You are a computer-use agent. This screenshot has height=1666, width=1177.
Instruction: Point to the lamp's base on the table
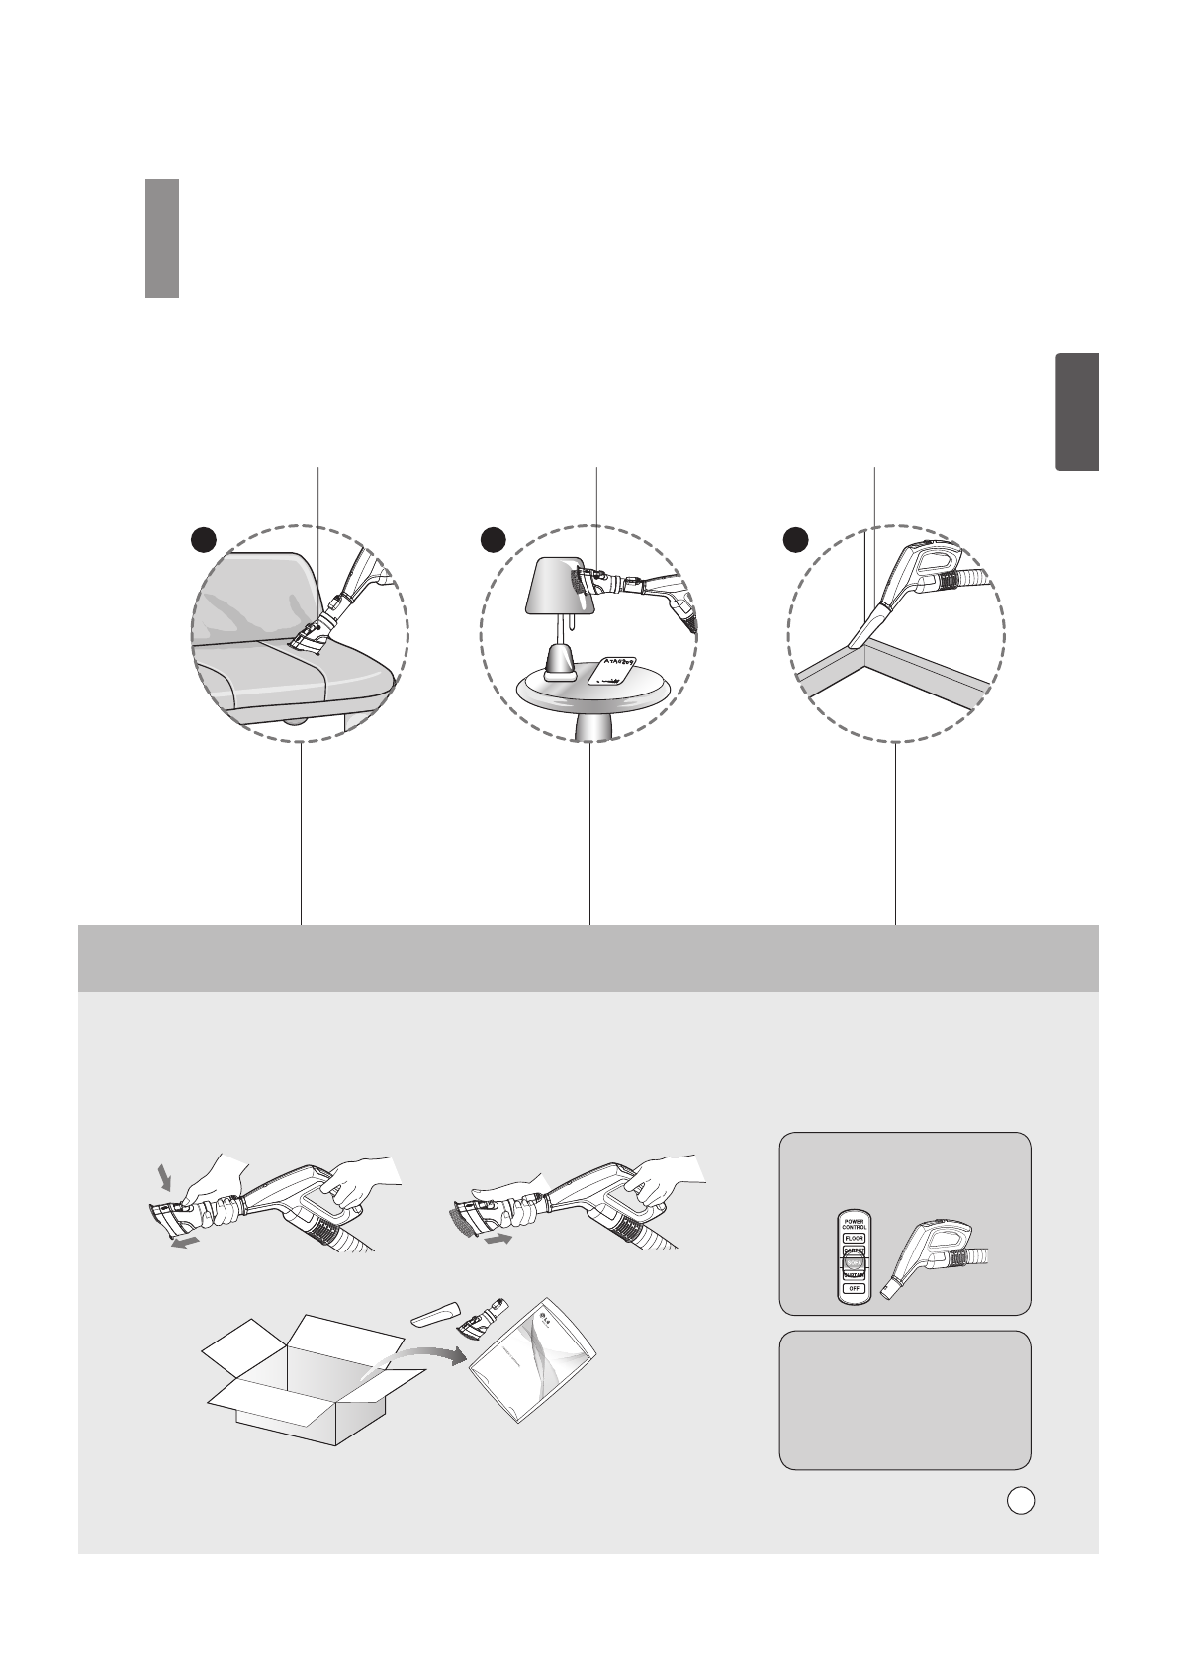560,663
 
